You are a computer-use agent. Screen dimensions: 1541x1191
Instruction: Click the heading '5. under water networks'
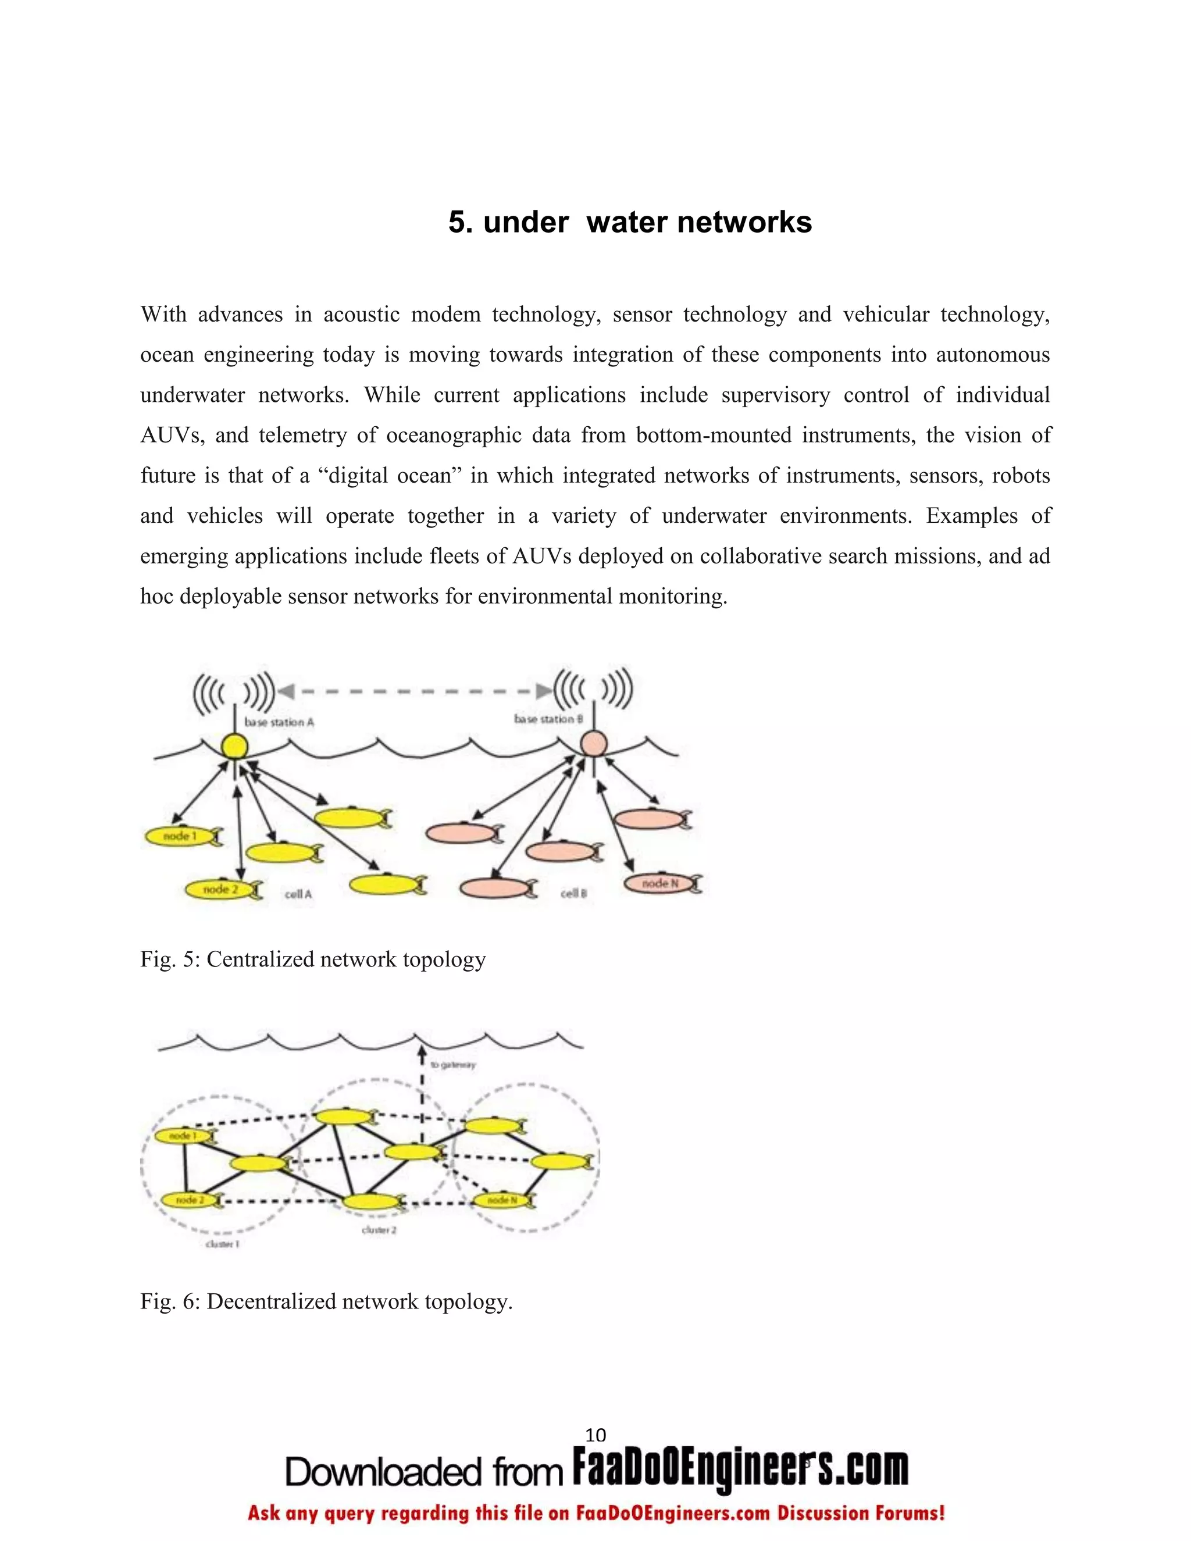pyautogui.click(x=629, y=222)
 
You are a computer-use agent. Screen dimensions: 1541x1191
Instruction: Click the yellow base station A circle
pyautogui.click(x=234, y=746)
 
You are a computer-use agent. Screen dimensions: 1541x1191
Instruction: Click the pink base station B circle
pyautogui.click(x=593, y=743)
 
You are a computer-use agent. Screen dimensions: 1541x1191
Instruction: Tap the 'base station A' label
pyautogui.click(x=279, y=722)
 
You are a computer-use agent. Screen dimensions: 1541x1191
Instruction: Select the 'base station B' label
pyautogui.click(x=548, y=719)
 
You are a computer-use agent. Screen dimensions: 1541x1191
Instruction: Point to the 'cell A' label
pyautogui.click(x=298, y=894)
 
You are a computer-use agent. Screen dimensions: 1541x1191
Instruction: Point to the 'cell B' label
pyautogui.click(x=573, y=893)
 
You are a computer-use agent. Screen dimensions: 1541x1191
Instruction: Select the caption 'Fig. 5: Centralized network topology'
pyautogui.click(x=312, y=959)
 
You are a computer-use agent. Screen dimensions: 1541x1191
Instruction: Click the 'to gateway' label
pyautogui.click(x=453, y=1065)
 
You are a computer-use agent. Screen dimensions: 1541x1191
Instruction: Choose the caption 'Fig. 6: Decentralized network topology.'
pyautogui.click(x=326, y=1302)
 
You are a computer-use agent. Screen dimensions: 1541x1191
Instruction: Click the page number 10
pyautogui.click(x=595, y=1435)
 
